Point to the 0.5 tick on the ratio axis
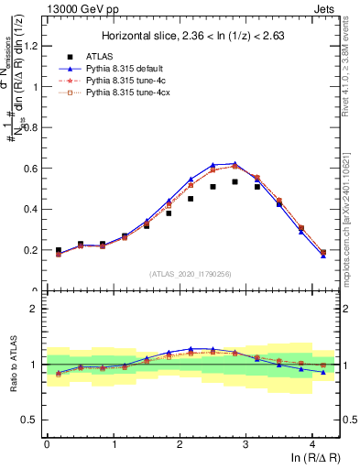pyautogui.click(x=31, y=420)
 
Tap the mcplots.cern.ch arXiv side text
pyautogui.click(x=351, y=211)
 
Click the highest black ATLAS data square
pyautogui.click(x=235, y=181)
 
